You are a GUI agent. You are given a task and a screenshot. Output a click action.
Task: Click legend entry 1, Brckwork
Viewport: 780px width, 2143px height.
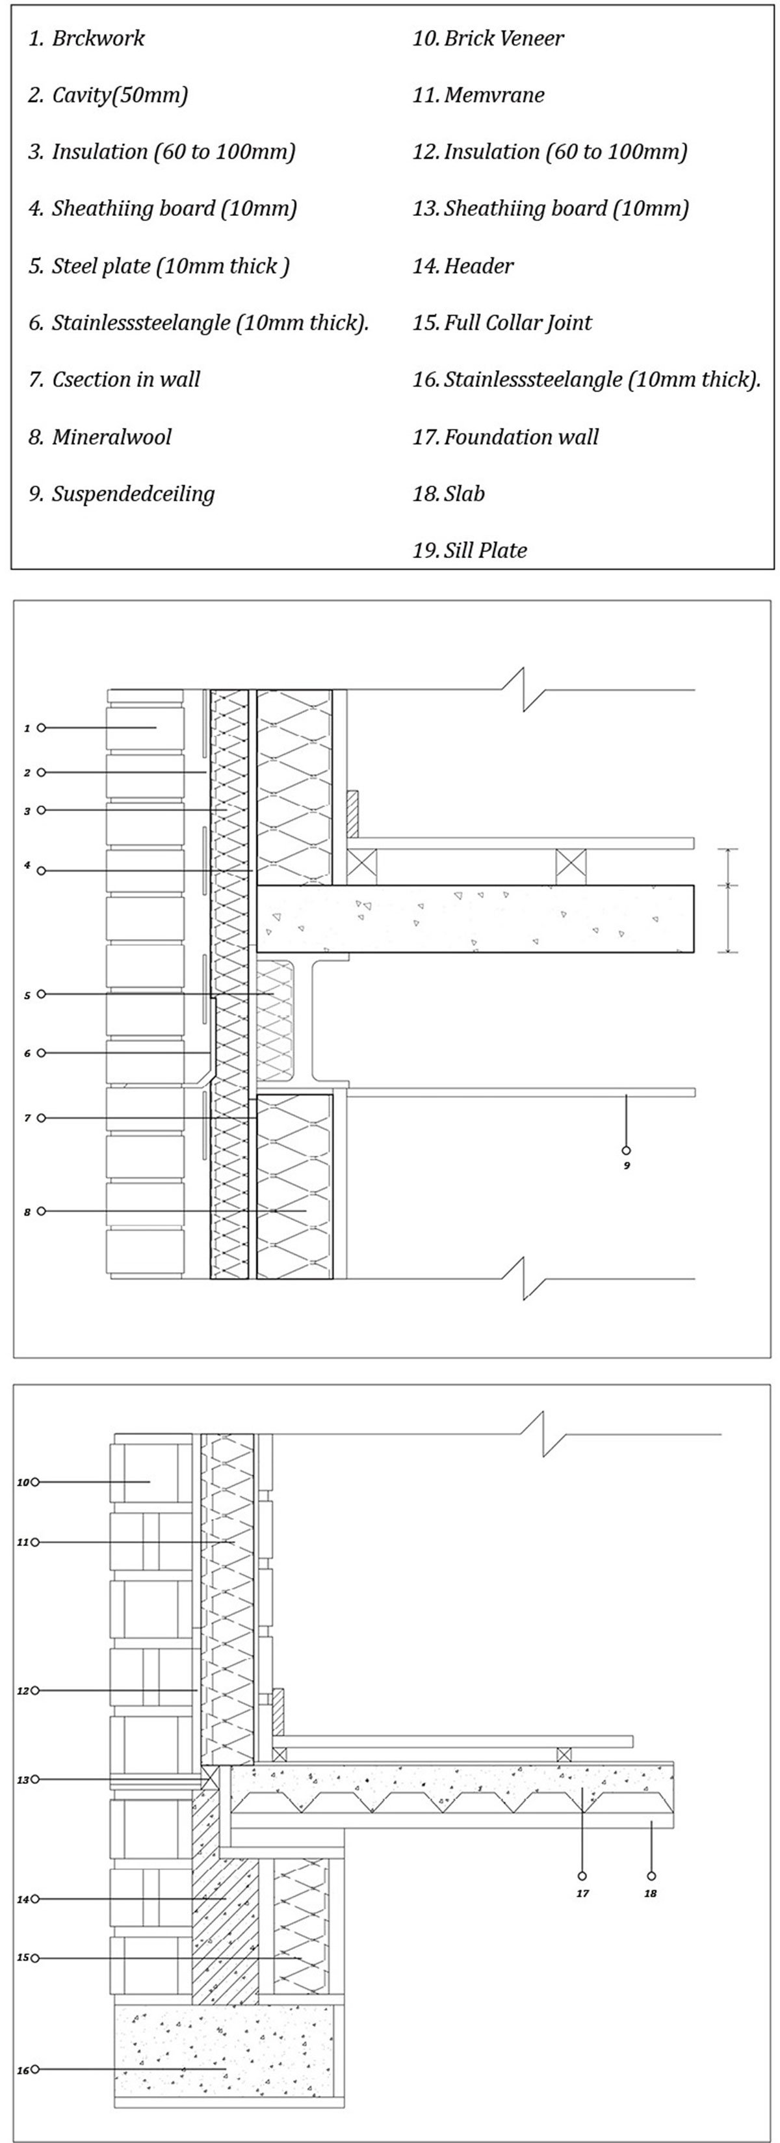[x=86, y=38]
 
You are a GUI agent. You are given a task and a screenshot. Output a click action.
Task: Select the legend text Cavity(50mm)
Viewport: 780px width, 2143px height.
[x=108, y=95]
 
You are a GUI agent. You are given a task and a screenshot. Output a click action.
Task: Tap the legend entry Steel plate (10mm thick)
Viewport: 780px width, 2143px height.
[x=159, y=266]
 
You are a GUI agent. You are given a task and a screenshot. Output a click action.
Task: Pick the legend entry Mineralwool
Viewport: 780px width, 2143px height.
[x=100, y=437]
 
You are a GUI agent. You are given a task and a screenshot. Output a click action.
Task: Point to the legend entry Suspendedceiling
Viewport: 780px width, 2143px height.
[x=122, y=494]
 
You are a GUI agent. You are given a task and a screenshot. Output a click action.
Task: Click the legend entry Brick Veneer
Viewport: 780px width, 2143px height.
[x=488, y=38]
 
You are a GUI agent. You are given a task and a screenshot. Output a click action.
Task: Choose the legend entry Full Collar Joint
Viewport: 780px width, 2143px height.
[x=502, y=323]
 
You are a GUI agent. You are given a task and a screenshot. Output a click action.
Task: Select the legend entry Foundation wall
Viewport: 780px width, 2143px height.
[x=506, y=437]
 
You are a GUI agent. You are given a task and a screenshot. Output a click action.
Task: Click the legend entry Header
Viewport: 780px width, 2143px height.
[x=463, y=266]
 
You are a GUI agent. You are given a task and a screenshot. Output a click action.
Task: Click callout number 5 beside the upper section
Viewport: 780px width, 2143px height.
[x=27, y=995]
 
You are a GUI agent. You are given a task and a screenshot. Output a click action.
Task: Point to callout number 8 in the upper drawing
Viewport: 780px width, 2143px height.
[x=27, y=1212]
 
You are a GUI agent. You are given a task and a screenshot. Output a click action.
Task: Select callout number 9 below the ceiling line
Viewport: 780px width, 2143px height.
[x=626, y=1165]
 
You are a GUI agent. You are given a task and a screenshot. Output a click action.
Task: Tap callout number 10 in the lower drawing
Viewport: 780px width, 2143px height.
[x=23, y=1482]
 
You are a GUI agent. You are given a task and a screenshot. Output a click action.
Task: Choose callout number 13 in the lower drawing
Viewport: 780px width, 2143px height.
[x=23, y=1779]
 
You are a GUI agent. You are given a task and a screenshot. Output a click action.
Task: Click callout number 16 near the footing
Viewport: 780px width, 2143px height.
[x=23, y=2069]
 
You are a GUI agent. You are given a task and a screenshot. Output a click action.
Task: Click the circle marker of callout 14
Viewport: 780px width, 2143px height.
[x=35, y=1899]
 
